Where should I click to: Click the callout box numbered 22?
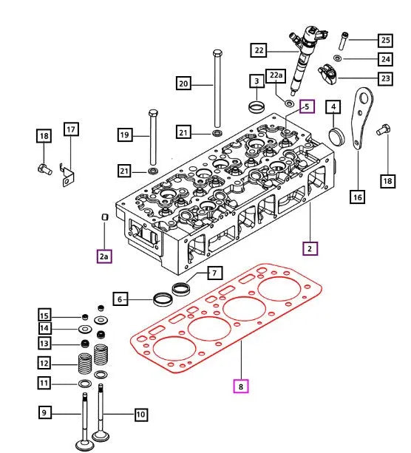(258, 51)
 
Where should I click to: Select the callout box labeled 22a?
(275, 76)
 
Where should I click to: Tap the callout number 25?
(385, 40)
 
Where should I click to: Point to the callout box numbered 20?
(184, 84)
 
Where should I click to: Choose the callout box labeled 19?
(125, 134)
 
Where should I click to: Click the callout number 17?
(70, 131)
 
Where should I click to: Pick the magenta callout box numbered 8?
(240, 385)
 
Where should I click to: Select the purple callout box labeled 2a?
(104, 256)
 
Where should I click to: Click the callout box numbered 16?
(357, 197)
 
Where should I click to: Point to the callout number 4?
(334, 108)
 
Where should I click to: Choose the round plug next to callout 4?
(336, 136)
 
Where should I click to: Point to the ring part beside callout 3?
(257, 106)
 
